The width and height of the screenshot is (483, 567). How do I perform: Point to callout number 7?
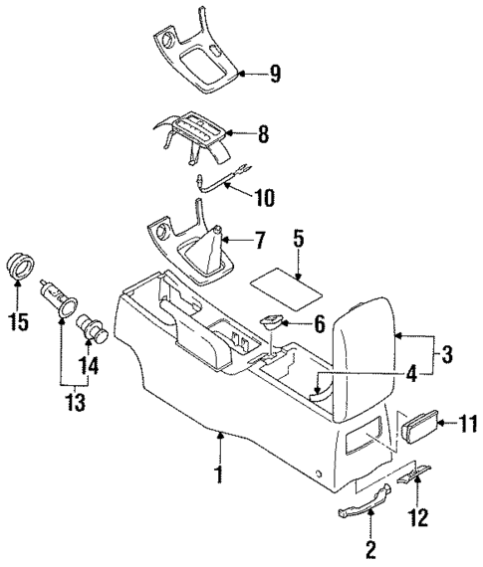pyautogui.click(x=259, y=241)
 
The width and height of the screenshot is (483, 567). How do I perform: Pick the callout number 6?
pyautogui.click(x=319, y=323)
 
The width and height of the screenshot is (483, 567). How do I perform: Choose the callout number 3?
pyautogui.click(x=447, y=354)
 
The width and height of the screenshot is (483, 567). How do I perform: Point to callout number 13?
pyautogui.click(x=72, y=403)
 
